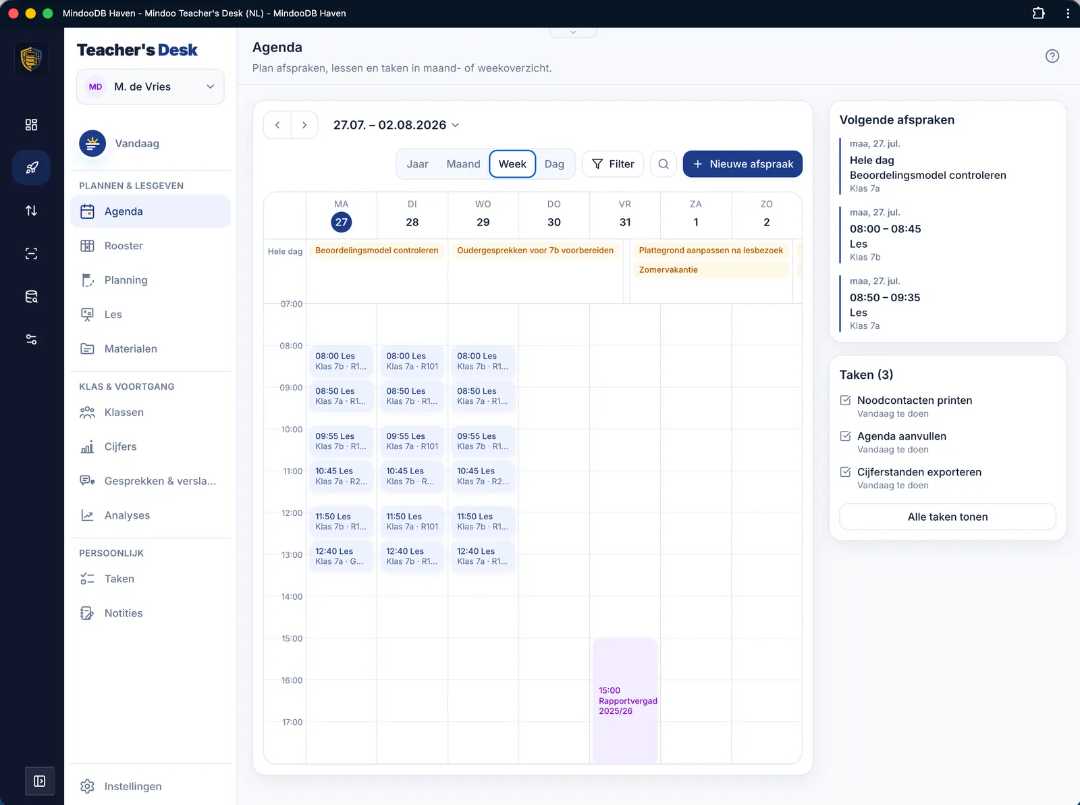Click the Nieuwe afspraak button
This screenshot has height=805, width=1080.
click(742, 163)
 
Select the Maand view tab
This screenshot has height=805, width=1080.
click(463, 163)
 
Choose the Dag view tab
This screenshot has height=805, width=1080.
click(554, 163)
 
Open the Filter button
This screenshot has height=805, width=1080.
click(612, 163)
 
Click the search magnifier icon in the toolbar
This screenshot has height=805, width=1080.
click(664, 163)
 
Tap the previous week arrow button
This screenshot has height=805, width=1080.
click(277, 125)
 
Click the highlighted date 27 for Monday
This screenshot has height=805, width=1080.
click(342, 222)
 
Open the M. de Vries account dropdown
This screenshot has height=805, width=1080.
click(150, 86)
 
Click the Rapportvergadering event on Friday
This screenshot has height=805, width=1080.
click(625, 700)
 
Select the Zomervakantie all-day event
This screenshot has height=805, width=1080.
click(711, 269)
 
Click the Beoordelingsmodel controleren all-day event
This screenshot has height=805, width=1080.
click(377, 251)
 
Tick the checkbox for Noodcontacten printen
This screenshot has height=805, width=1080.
click(845, 400)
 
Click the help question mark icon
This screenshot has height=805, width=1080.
click(1052, 56)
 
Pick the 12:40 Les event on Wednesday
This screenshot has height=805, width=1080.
click(483, 556)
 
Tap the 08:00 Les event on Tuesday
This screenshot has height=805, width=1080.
click(412, 361)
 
